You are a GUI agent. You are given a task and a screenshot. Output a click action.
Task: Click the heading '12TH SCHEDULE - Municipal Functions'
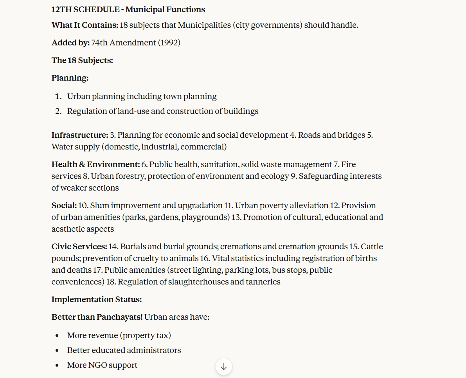click(128, 9)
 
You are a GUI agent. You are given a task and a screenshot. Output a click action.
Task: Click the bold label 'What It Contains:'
click(85, 25)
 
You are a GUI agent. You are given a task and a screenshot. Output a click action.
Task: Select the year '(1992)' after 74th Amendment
click(169, 43)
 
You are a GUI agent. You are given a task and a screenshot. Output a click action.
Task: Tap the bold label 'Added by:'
click(70, 43)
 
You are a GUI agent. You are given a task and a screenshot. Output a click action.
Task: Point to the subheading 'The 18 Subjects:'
click(82, 60)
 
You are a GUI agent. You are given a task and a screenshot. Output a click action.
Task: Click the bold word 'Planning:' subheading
click(70, 78)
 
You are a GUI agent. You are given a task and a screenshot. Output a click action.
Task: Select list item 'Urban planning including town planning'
click(142, 96)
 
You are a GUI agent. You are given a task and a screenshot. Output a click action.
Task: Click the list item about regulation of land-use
click(163, 111)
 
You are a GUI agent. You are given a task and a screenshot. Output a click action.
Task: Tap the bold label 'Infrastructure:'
click(80, 135)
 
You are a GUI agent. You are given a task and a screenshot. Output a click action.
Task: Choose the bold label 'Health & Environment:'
click(95, 164)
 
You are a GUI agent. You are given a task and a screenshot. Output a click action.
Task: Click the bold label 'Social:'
click(64, 205)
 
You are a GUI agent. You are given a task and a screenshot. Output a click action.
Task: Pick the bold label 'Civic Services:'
click(79, 247)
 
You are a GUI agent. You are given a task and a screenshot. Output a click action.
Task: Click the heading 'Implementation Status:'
click(96, 299)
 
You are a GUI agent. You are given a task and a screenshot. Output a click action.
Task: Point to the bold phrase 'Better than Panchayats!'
click(97, 317)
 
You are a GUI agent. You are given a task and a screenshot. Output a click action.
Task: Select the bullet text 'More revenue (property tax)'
click(119, 335)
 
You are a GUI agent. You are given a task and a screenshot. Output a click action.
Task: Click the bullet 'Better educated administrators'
click(124, 350)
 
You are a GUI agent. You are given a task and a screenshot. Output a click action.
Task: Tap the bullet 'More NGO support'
click(102, 365)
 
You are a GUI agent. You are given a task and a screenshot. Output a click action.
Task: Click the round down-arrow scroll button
click(224, 367)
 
